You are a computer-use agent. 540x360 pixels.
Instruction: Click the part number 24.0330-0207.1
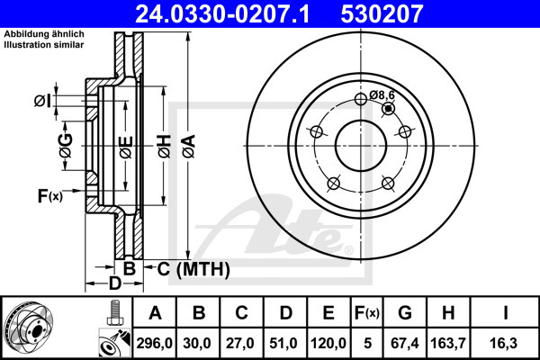(222, 13)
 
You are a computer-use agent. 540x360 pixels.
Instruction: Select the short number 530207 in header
(382, 13)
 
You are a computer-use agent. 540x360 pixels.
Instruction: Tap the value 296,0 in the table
(154, 343)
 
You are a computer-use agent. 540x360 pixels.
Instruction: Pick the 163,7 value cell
(448, 343)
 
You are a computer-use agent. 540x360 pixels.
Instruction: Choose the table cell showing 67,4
(405, 343)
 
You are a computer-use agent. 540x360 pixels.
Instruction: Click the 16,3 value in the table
(503, 343)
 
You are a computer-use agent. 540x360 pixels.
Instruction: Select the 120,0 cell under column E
(328, 343)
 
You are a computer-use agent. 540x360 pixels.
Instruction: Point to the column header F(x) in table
(367, 313)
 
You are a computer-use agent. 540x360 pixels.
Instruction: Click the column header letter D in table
(286, 313)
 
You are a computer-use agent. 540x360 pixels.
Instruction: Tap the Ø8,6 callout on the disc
(382, 94)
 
